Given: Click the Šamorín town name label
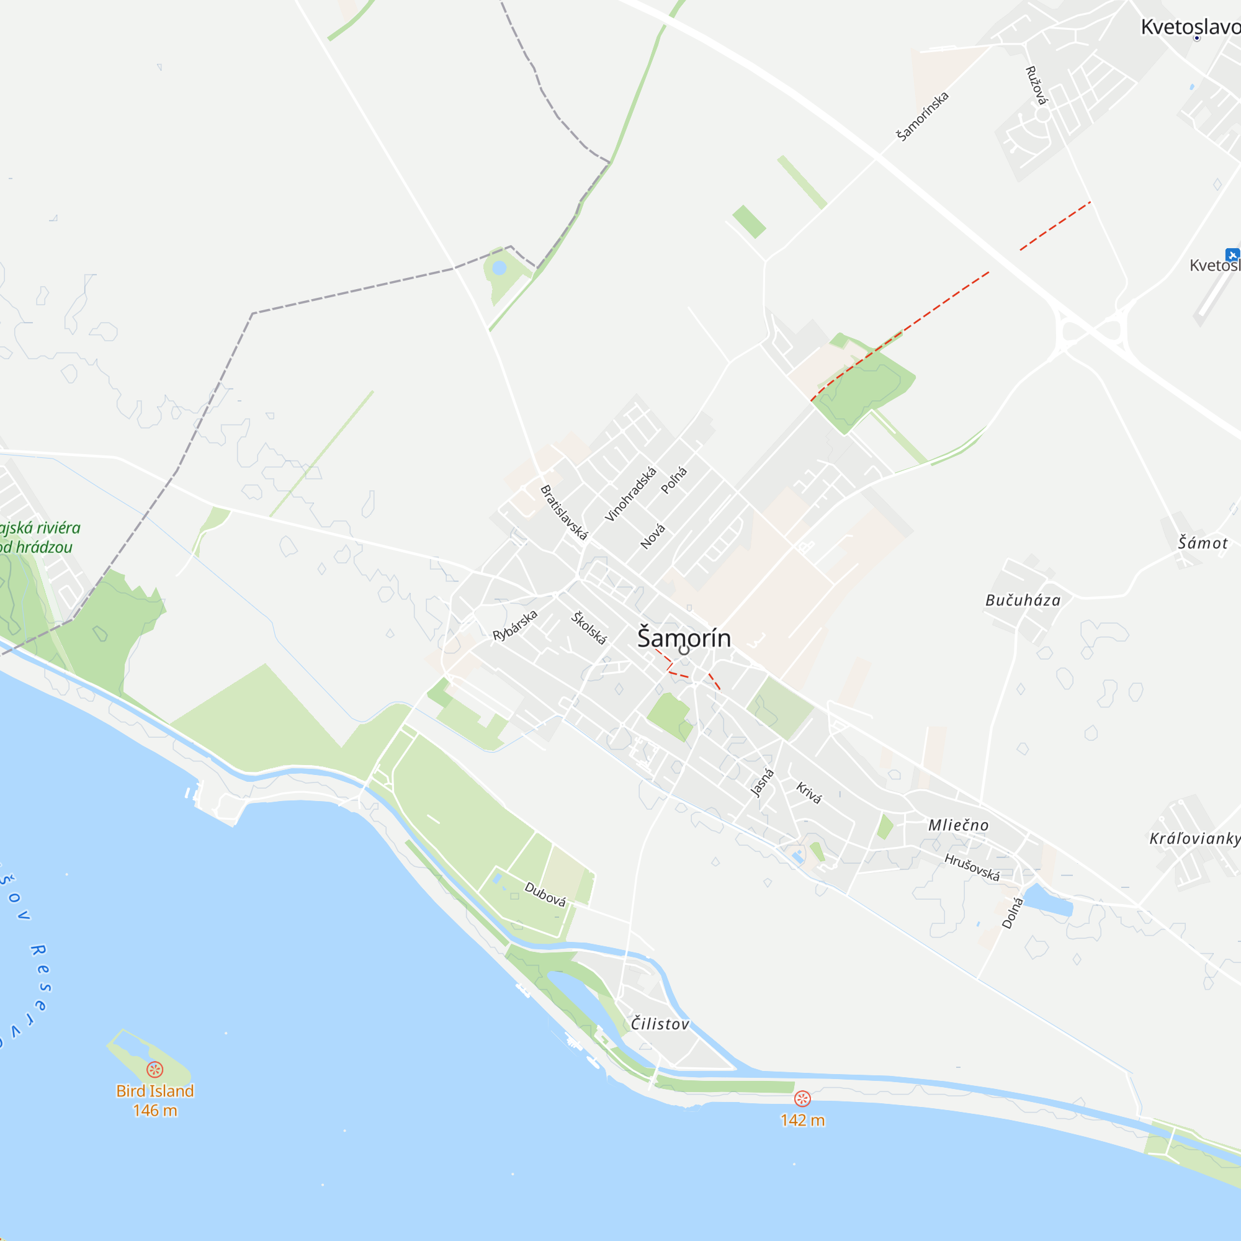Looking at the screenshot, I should (683, 638).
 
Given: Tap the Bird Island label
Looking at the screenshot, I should (155, 1091).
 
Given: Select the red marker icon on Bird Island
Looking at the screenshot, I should (155, 1070).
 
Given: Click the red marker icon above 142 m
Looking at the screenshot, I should (802, 1098).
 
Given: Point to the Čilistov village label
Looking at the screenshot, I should (660, 1024).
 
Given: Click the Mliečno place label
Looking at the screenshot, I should (959, 825).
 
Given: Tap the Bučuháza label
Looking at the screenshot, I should (1023, 601).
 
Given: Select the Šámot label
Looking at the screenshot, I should (1203, 544).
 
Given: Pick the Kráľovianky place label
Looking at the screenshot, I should (1194, 838).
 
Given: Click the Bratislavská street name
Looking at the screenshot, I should (564, 513).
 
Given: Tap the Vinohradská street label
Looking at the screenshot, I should (631, 494).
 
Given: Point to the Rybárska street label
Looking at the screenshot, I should (514, 625).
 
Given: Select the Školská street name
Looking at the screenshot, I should (589, 627).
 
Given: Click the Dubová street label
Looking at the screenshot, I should (545, 894).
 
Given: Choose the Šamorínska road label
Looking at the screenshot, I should (923, 116).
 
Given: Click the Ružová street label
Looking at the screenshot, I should (1036, 85).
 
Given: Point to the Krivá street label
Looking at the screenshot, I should (809, 792).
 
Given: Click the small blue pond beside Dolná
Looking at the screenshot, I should (1047, 899).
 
